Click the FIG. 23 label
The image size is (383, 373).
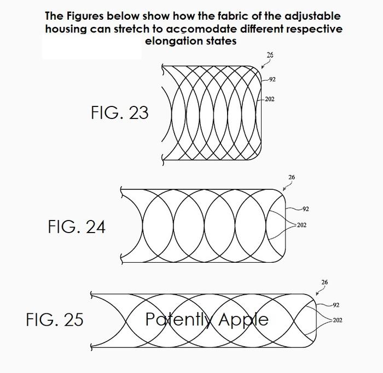120,112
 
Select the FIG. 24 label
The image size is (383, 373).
77,227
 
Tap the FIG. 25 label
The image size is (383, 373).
55,319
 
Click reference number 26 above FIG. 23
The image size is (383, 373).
270,55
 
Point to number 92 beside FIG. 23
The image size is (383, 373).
272,80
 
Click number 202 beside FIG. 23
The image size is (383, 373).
270,99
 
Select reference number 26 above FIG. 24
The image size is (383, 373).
292,177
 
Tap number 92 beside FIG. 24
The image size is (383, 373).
305,209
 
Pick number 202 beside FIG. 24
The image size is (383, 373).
301,225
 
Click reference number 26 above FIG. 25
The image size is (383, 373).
324,282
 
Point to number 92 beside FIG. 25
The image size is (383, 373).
336,305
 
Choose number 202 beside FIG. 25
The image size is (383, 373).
338,320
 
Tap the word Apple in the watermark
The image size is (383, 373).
243,320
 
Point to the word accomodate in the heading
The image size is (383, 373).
201,29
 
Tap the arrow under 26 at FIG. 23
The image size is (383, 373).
266,63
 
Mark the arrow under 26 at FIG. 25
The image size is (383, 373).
321,290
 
